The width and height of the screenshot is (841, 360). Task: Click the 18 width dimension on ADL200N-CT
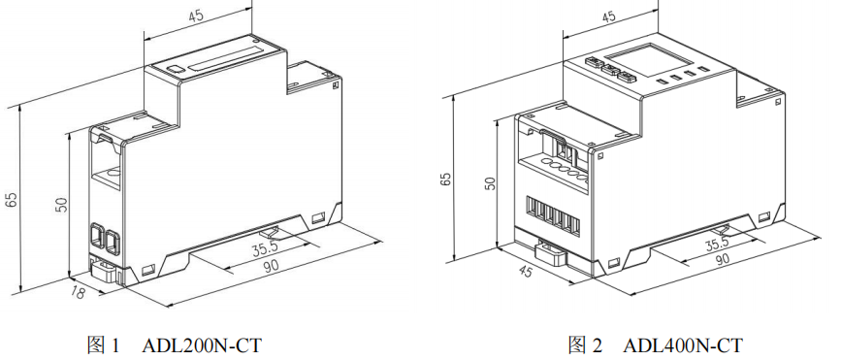click(78, 292)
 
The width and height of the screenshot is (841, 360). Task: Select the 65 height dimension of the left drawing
click(11, 200)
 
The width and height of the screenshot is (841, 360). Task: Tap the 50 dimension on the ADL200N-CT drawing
click(62, 204)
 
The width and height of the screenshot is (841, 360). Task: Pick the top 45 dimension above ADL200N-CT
click(196, 16)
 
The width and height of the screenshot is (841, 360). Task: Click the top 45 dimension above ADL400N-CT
click(608, 16)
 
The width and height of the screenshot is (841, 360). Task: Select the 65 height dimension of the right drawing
click(445, 180)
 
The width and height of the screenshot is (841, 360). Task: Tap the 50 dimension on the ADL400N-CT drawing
click(490, 183)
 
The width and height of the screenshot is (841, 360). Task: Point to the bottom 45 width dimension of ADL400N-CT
click(526, 271)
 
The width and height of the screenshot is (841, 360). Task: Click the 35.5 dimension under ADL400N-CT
click(717, 245)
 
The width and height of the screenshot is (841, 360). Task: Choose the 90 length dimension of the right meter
click(724, 259)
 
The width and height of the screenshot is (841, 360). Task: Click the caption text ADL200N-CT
click(202, 345)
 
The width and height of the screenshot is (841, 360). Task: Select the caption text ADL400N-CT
click(683, 345)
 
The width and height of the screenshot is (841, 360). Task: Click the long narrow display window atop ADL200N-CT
click(225, 58)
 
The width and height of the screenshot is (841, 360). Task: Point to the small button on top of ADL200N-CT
click(174, 69)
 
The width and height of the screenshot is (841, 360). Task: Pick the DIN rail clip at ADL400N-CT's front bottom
click(551, 253)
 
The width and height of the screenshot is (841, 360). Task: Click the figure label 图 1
click(105, 345)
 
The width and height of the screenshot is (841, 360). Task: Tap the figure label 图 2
click(586, 345)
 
